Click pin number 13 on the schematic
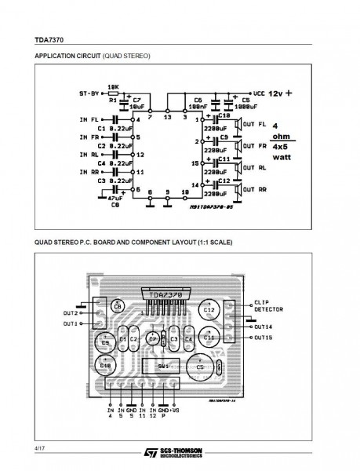tap(166, 119)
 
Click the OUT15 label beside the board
tap(263, 338)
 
